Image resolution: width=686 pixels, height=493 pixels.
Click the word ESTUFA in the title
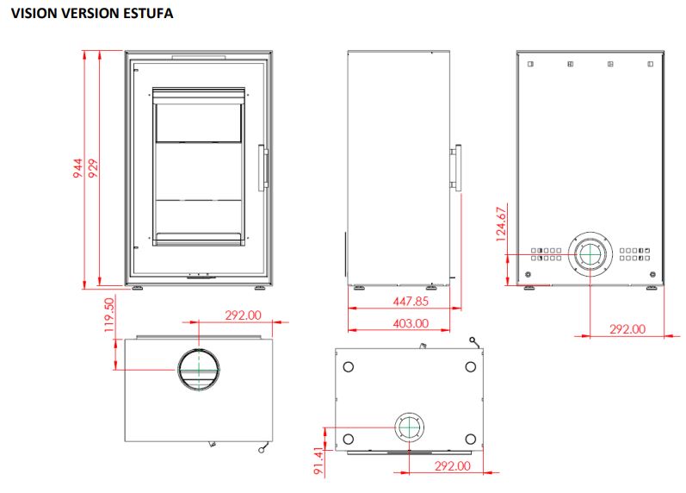click(x=148, y=13)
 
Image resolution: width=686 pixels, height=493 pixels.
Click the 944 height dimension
click(x=77, y=168)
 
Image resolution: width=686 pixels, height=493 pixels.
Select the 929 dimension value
click(x=93, y=168)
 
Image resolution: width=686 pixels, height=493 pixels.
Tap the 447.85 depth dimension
click(x=411, y=301)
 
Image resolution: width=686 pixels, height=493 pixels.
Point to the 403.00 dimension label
click(x=411, y=323)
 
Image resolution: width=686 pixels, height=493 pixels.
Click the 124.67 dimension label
click(x=502, y=224)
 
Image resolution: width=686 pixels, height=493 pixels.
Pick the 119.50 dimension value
click(x=109, y=315)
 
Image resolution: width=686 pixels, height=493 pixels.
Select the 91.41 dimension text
click(x=319, y=460)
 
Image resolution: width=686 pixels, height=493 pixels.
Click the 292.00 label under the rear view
click(x=627, y=329)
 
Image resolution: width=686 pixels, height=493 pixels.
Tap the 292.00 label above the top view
click(x=243, y=315)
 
